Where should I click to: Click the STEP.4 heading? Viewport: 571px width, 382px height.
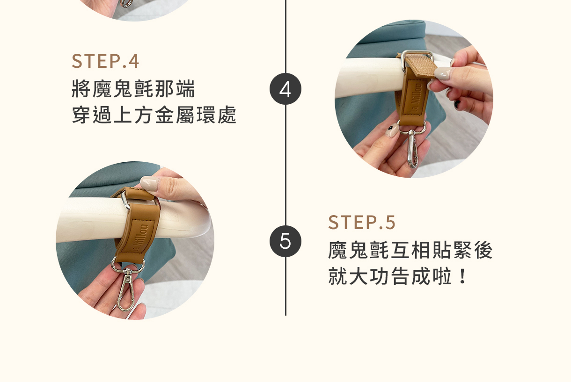[x=105, y=61]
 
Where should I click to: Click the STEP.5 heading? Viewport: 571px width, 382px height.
[x=361, y=222]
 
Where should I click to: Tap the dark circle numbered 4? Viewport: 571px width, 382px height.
[x=285, y=89]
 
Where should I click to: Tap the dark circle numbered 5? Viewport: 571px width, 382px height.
[x=285, y=241]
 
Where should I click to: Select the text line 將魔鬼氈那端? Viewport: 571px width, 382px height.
[x=133, y=89]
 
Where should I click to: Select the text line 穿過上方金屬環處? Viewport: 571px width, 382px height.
[x=154, y=115]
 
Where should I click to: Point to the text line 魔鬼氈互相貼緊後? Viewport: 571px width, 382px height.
[x=410, y=250]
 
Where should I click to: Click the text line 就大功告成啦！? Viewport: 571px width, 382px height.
[x=398, y=276]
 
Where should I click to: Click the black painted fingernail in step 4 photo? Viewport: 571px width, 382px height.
[x=458, y=104]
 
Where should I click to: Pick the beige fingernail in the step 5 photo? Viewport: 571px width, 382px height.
[x=150, y=183]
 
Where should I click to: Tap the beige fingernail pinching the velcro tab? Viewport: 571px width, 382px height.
[x=444, y=73]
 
